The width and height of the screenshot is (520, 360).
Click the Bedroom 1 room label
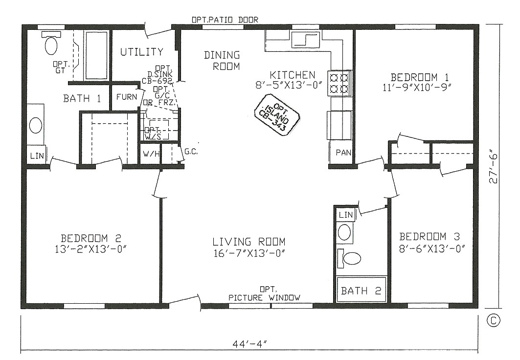click(420, 77)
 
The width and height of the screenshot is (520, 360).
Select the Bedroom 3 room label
click(429, 235)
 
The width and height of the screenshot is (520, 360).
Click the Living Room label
click(249, 242)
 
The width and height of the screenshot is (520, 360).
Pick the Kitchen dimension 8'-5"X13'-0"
click(292, 85)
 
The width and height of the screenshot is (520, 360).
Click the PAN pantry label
click(343, 153)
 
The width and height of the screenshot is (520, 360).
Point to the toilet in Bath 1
click(50, 44)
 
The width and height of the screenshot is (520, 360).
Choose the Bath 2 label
click(361, 291)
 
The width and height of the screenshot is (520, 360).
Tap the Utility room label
click(142, 52)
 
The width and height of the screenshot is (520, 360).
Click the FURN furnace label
click(126, 96)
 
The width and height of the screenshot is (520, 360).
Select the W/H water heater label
click(151, 155)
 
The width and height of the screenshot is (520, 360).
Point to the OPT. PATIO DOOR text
click(225, 20)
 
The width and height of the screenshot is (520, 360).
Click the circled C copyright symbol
click(493, 321)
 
